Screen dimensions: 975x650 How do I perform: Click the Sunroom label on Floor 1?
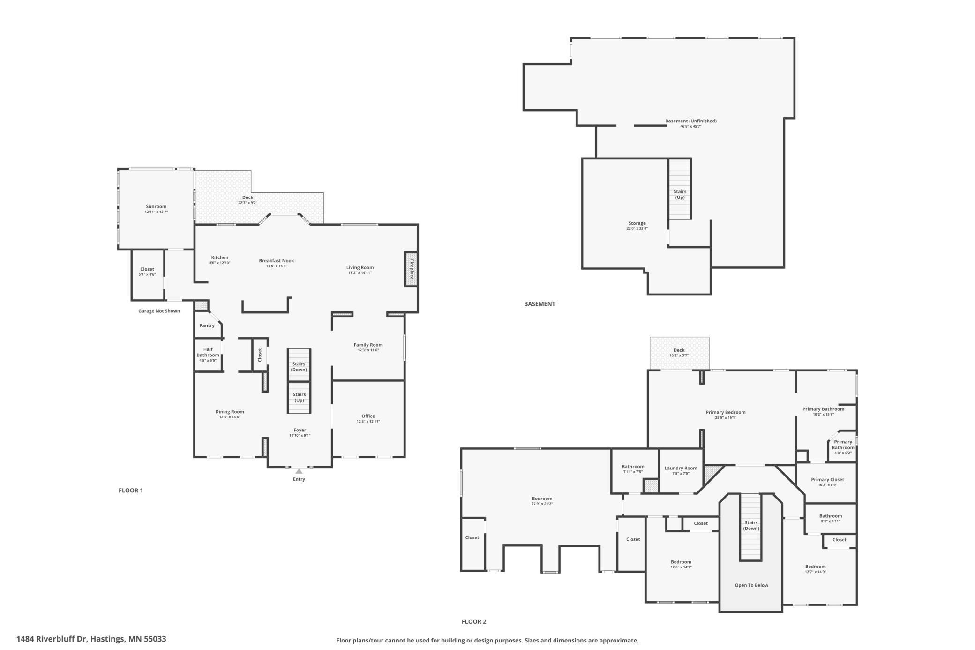pos(156,206)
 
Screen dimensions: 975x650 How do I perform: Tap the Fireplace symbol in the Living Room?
pos(412,269)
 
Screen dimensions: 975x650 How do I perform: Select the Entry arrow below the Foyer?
pos(299,471)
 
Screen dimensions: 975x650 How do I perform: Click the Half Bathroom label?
pos(208,352)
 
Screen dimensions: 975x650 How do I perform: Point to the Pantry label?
pos(207,325)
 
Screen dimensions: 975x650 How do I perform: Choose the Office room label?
pos(368,416)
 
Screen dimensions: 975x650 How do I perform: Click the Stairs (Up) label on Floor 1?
pos(299,397)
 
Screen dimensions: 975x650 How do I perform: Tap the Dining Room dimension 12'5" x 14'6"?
pos(230,417)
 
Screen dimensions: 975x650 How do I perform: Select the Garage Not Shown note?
pos(159,311)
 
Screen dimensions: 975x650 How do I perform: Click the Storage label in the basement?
pos(637,223)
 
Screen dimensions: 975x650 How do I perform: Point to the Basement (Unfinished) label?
pos(691,121)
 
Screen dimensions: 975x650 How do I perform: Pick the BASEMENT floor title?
pos(540,304)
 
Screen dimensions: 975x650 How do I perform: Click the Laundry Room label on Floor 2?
pos(681,468)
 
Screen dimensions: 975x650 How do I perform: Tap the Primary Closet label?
pos(827,479)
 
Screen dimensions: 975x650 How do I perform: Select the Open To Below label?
pos(751,585)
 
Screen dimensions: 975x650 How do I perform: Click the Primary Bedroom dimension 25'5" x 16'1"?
pos(726,418)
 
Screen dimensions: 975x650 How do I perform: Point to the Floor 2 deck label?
pos(679,350)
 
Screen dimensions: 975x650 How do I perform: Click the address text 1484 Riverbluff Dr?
pos(52,639)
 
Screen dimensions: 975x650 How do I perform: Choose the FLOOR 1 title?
pos(131,491)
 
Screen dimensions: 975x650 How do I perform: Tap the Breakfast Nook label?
pos(277,261)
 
